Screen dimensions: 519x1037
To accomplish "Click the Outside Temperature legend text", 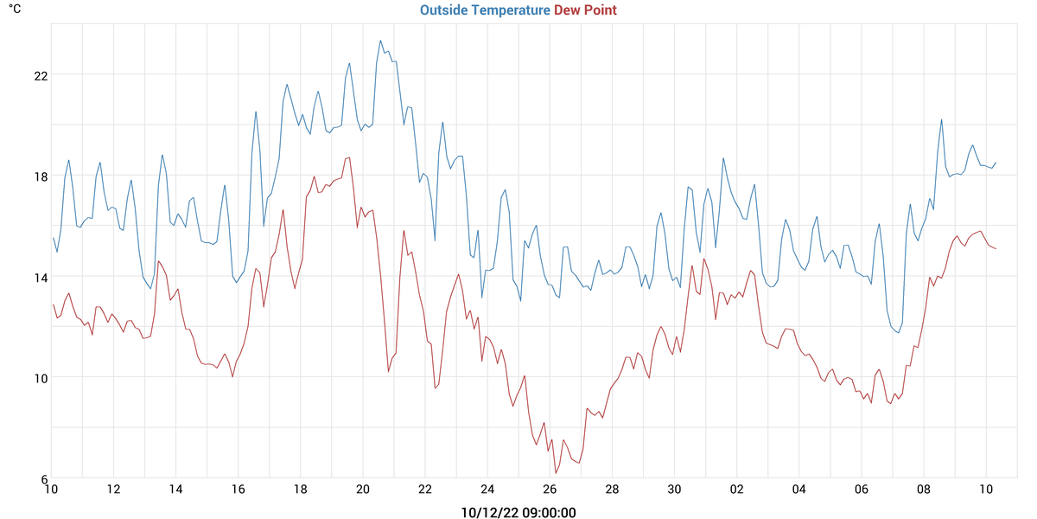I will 485,10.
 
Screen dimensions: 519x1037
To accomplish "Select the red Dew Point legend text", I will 585,10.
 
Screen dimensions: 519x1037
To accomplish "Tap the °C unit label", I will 16,10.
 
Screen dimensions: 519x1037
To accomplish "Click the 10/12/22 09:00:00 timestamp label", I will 518,513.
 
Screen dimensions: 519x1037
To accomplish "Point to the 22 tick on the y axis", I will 41,75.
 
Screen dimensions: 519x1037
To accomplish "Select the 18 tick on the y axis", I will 41,176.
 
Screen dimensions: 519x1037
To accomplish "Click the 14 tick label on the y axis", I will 41,277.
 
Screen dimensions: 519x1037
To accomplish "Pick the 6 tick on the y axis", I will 44,478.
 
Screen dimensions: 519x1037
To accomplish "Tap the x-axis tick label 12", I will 113,490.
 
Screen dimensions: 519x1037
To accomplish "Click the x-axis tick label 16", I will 239,490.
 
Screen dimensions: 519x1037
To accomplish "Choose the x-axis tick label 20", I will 363,490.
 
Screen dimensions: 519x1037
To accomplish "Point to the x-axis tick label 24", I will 487,490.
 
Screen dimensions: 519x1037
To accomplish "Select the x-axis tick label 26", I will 550,490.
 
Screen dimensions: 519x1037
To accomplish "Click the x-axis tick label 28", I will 612,490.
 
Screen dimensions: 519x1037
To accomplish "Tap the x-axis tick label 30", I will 674,490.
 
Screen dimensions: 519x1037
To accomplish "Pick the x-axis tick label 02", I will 736,490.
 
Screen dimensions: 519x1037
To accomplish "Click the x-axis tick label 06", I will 861,490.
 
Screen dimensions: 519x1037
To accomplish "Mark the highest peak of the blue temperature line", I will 380,40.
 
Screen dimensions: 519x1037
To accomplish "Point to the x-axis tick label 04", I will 798,490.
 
